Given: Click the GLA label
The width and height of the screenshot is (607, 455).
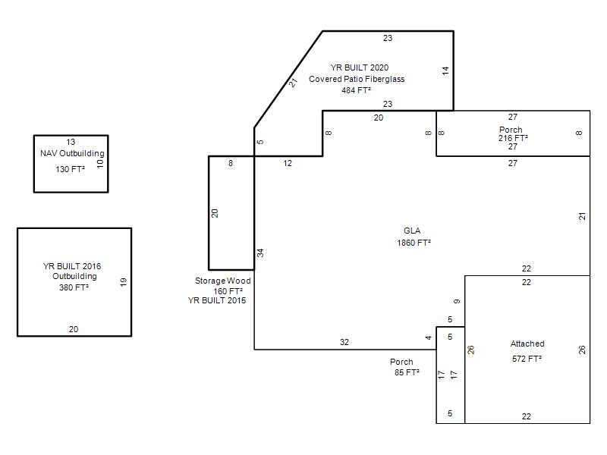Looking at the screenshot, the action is pos(412,231).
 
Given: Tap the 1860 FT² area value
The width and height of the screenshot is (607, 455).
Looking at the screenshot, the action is pos(414,243).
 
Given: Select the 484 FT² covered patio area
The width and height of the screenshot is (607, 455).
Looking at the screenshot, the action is pos(356,90).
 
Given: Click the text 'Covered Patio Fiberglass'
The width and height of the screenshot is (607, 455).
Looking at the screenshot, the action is pos(357,79).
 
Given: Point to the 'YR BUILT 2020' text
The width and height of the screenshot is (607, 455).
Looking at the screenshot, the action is pos(359,67).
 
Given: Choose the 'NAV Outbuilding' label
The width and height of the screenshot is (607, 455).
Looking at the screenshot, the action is pos(72,154).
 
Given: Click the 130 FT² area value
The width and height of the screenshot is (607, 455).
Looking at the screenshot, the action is pos(70,169).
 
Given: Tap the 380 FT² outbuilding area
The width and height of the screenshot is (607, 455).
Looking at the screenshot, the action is pos(74,288).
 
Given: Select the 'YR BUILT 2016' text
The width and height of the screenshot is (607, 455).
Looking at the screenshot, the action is pos(72,266).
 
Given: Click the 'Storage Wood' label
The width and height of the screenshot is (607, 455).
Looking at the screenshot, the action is pos(222,281).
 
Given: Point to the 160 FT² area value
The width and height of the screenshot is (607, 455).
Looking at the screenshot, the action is pos(228,291).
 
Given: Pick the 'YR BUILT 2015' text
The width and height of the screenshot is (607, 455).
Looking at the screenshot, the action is pos(217,300).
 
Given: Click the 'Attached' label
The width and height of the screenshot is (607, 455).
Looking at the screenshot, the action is pos(527,344).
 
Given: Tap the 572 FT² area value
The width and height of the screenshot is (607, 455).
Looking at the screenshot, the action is pos(527,359).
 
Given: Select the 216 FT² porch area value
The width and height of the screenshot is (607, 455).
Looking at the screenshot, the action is pos(513,138).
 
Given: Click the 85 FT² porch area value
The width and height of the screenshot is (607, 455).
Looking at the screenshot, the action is pos(407,372).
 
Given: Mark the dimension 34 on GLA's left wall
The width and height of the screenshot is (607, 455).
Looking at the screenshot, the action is pos(260,253).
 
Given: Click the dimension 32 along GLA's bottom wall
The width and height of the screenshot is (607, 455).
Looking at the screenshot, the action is pos(344,342).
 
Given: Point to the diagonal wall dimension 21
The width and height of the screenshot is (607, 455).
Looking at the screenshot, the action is pos(294,83).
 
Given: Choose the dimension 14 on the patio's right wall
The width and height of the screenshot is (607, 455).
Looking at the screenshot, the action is pos(445,71).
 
